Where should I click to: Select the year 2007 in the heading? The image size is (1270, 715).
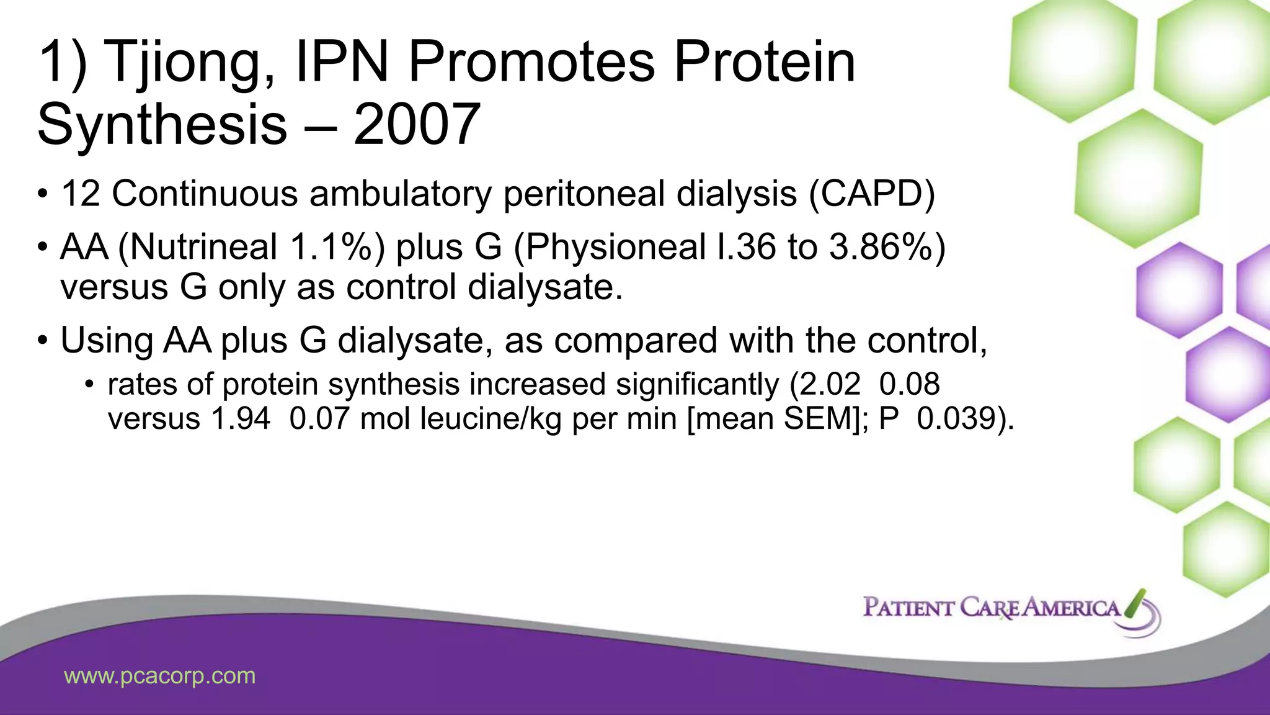click(417, 125)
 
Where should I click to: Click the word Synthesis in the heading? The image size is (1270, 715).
click(162, 125)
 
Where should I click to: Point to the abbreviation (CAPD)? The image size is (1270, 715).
click(871, 194)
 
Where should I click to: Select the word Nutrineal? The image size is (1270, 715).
click(203, 247)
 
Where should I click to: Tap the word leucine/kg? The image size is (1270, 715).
click(491, 418)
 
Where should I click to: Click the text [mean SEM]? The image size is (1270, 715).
click(773, 418)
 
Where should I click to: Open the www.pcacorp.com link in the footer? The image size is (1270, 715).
click(160, 675)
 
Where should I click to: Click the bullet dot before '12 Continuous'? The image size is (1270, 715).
click(42, 195)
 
